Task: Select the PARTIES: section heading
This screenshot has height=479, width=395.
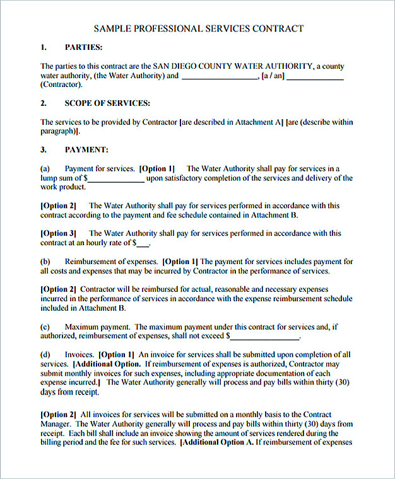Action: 84,47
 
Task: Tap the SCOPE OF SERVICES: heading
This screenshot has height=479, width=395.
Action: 107,103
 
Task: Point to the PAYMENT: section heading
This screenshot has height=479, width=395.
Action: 86,150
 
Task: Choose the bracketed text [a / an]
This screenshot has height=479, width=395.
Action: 273,76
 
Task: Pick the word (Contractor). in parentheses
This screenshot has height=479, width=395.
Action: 61,84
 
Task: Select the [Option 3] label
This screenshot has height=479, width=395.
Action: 58,233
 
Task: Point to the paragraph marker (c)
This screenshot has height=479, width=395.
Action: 45,327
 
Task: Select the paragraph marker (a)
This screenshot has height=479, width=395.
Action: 45,169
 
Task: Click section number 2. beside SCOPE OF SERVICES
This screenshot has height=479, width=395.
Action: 44,103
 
